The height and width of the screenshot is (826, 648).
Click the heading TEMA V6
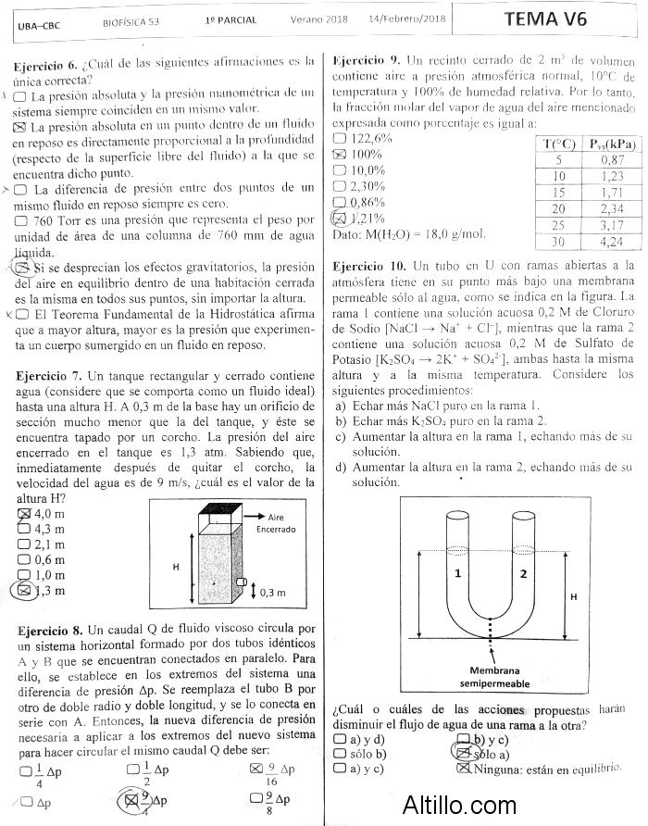pos(545,19)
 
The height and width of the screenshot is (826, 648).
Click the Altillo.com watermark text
pos(459,805)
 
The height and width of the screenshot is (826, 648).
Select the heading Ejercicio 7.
pos(48,376)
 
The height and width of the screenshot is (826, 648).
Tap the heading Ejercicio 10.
pos(367,266)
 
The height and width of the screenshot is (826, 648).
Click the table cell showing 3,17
pos(612,225)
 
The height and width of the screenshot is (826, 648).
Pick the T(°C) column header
pos(559,144)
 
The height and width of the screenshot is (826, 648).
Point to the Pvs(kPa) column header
pos(612,144)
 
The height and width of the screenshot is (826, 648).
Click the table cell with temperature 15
pos(559,193)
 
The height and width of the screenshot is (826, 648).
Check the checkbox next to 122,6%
pos(339,138)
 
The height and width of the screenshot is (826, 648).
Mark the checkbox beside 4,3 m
pos(24,530)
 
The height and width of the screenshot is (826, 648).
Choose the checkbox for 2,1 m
pos(24,544)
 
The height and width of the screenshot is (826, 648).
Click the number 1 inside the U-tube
pos(457,574)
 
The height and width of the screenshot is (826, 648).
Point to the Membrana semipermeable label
pos(494,677)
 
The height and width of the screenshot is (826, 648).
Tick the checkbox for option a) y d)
pos(339,739)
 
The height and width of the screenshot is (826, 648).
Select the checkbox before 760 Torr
pos(21,221)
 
